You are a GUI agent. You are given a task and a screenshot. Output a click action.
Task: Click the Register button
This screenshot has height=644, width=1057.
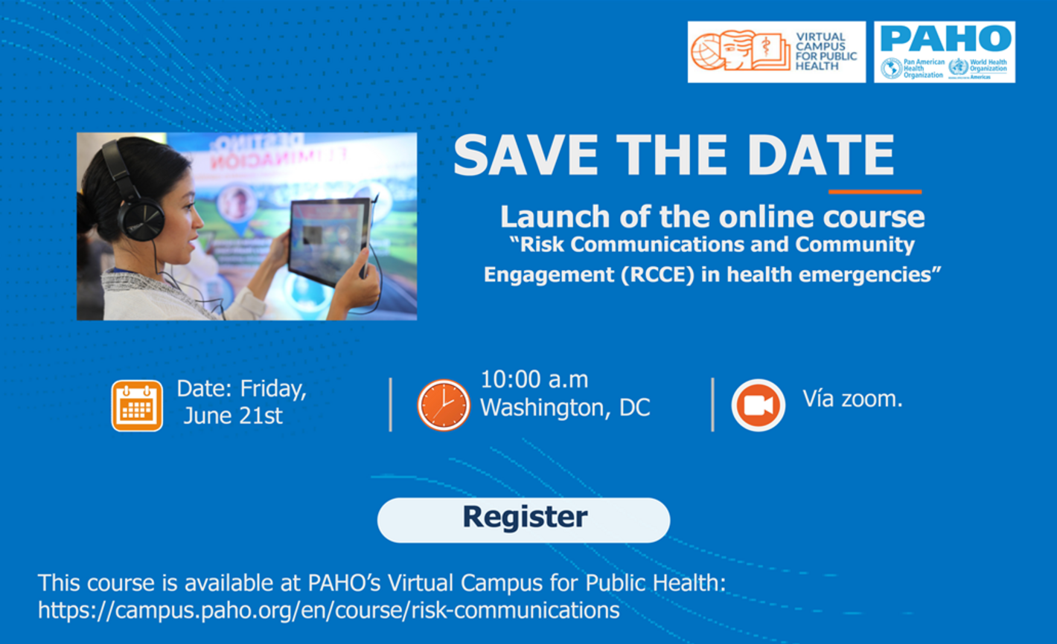[523, 519]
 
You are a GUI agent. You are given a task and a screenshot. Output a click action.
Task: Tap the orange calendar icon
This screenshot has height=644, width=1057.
[137, 405]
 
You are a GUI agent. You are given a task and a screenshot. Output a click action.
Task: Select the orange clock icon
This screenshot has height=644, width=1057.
[444, 405]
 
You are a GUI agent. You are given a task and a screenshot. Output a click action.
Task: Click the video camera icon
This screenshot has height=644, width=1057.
[758, 405]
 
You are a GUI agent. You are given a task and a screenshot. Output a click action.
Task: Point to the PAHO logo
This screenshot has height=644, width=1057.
[944, 51]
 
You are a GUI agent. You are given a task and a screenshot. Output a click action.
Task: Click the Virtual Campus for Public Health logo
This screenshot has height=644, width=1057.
[776, 51]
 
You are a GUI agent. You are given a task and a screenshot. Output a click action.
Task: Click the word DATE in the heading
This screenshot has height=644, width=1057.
[820, 156]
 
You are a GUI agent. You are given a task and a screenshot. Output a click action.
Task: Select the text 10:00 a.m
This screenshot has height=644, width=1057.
[534, 379]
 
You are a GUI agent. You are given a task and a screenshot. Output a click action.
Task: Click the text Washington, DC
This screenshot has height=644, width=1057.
[564, 408]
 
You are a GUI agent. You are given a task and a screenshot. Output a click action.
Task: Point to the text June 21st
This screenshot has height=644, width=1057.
[233, 416]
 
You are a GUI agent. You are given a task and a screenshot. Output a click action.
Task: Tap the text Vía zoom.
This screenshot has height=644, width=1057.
[852, 399]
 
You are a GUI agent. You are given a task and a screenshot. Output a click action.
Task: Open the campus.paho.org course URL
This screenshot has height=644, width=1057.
[328, 611]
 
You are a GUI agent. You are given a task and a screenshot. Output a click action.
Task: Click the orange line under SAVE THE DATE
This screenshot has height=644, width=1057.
[875, 192]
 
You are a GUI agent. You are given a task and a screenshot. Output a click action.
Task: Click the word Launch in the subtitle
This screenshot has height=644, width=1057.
[545, 217]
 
